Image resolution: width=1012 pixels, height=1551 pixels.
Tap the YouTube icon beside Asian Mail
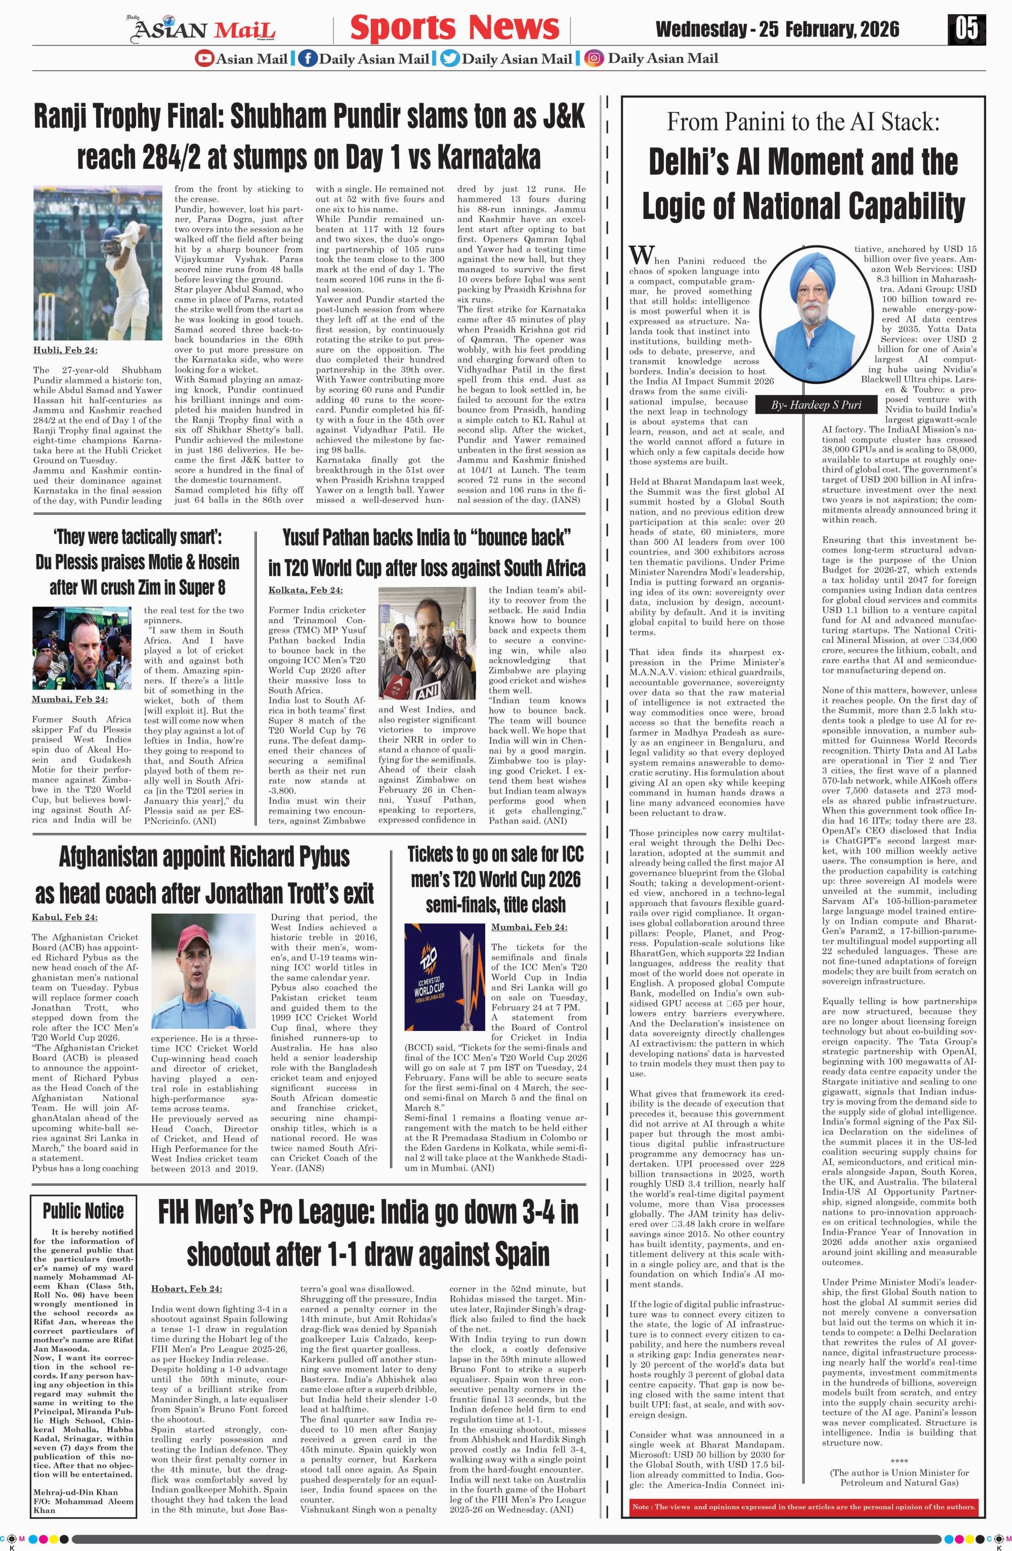pyautogui.click(x=204, y=59)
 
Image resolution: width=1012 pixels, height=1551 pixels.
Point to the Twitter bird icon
pyautogui.click(x=449, y=59)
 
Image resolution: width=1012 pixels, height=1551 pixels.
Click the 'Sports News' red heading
pyautogui.click(x=454, y=28)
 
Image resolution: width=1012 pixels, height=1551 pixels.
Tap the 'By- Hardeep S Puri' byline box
pyautogui.click(x=816, y=405)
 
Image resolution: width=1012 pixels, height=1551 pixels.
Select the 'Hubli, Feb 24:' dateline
pyautogui.click(x=65, y=351)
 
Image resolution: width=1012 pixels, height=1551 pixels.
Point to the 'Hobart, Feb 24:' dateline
pyautogui.click(x=186, y=1288)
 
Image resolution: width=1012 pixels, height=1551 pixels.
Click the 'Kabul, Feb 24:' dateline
pyautogui.click(x=64, y=918)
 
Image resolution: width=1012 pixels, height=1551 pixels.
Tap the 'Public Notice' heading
pyautogui.click(x=83, y=1211)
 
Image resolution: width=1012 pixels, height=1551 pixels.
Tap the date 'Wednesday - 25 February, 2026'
pyautogui.click(x=777, y=29)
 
